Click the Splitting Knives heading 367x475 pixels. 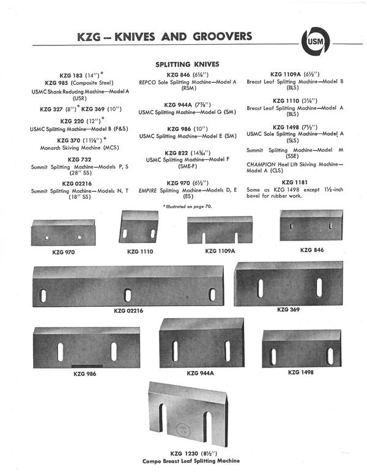click(x=188, y=64)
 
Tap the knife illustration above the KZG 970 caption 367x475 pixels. click(x=62, y=232)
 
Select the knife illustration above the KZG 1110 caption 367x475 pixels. click(x=139, y=228)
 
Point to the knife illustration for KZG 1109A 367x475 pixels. click(x=221, y=230)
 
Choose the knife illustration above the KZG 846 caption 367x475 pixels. click(x=310, y=226)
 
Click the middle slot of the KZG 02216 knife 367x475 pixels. click(x=128, y=295)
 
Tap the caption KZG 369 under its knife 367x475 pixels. click(x=287, y=310)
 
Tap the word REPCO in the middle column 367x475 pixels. click(x=150, y=81)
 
